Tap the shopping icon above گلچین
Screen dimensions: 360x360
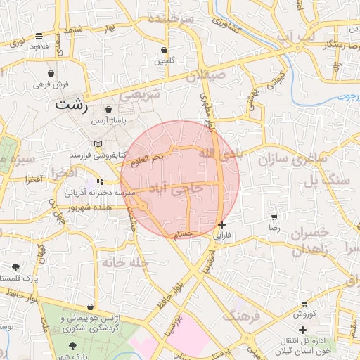coord(165,51)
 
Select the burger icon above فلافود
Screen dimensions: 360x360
coord(39,36)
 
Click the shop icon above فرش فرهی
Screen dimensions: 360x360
coord(51,73)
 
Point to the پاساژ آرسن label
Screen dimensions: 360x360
coord(108,122)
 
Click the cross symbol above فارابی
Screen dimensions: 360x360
coord(222,225)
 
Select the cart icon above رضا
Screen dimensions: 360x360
coord(274,217)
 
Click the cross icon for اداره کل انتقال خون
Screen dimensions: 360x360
coord(302,330)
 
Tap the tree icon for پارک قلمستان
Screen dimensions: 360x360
coord(15,267)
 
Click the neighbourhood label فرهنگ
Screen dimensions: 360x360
coord(242,316)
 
